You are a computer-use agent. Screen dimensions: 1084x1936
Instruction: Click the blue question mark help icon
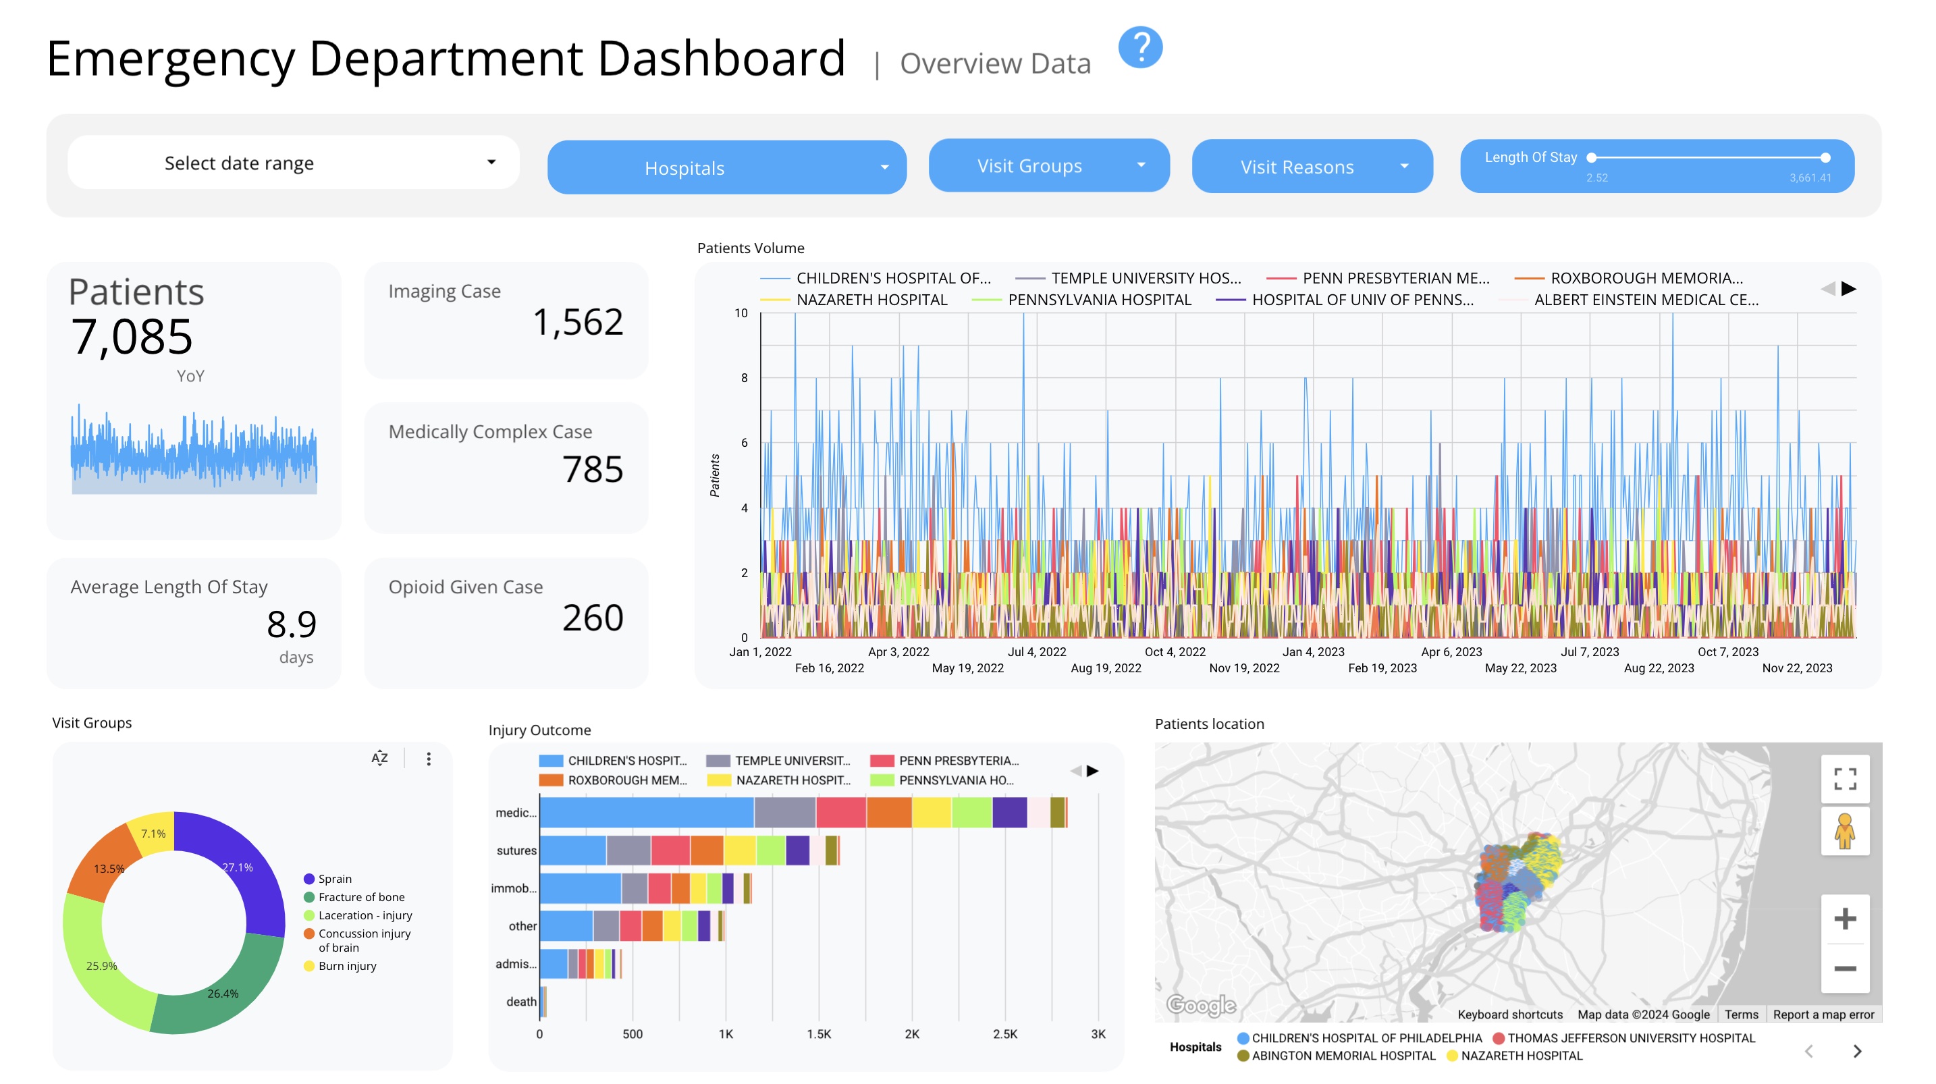(x=1139, y=48)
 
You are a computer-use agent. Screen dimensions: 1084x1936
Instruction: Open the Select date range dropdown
(x=293, y=163)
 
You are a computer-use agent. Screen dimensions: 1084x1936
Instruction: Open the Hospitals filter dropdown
(x=726, y=167)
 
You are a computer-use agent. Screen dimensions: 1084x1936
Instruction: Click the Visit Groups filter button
(x=1048, y=165)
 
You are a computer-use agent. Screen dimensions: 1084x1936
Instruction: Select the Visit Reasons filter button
(x=1312, y=166)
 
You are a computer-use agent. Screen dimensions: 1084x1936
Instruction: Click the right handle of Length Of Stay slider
(x=1825, y=158)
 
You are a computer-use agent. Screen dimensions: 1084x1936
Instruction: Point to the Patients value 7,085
(x=132, y=337)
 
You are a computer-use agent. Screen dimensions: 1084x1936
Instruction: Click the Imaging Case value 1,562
(x=577, y=323)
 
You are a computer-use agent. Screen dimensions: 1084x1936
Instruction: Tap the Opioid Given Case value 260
(x=592, y=618)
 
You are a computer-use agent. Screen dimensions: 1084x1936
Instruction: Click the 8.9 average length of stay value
(x=292, y=624)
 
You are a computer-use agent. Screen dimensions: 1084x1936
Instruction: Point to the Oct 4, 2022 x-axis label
(x=1174, y=652)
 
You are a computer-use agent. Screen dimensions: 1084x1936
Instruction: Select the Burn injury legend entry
(x=346, y=966)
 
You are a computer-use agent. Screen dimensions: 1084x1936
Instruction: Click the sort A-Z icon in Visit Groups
(x=379, y=759)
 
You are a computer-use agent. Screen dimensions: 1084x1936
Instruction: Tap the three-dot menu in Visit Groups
(x=429, y=759)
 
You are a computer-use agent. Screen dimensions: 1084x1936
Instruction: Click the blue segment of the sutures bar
(x=572, y=850)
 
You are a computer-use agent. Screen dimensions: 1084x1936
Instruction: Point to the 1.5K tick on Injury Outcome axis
(x=818, y=1033)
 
